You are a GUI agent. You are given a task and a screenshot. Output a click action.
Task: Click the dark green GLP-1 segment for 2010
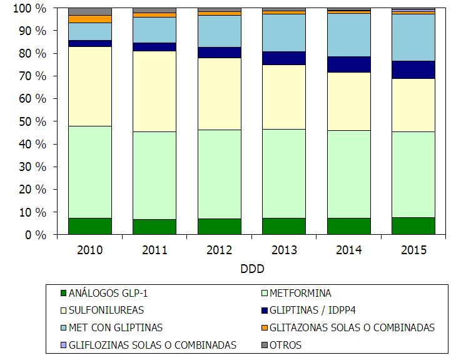pos(90,226)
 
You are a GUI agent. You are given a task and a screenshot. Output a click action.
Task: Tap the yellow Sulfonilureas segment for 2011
pos(155,91)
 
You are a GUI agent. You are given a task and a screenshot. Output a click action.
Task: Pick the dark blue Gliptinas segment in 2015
pos(413,69)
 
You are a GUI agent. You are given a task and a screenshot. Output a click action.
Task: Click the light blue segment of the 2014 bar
pos(349,34)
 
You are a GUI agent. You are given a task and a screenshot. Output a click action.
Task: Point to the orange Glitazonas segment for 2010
pos(90,19)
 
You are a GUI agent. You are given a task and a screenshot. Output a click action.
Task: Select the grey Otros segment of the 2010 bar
pos(90,11)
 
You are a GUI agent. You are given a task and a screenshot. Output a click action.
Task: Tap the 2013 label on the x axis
pos(284,250)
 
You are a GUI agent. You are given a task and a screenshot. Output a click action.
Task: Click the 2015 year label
pos(413,250)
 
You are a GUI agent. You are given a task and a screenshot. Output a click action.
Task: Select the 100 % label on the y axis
pos(29,9)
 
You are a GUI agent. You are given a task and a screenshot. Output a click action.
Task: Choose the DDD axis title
pos(251,269)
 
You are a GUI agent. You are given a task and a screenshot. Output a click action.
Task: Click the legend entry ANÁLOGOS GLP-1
pos(113,293)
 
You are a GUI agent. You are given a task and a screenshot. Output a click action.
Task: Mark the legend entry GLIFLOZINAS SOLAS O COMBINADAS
pos(153,344)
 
